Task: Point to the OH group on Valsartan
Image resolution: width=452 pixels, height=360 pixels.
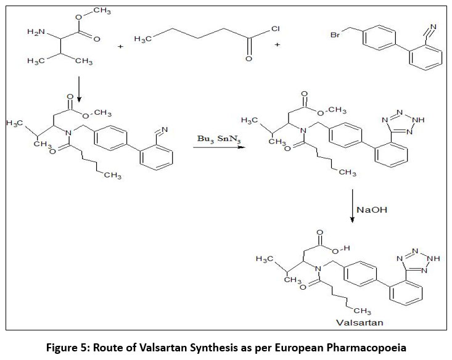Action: point(342,248)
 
